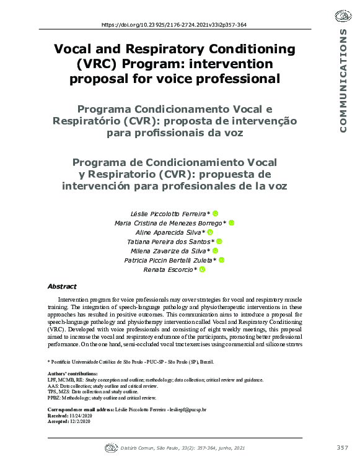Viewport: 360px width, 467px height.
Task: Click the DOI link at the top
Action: pos(173,25)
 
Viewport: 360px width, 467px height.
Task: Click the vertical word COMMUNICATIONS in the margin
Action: pos(343,81)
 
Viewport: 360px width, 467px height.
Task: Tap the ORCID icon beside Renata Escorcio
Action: pos(201,270)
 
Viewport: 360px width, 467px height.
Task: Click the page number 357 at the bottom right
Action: pos(343,447)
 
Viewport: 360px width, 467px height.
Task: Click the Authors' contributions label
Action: pos(72,374)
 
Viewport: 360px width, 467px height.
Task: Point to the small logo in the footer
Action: pos(112,447)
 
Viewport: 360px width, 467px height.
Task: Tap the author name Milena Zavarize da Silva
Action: pos(169,251)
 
